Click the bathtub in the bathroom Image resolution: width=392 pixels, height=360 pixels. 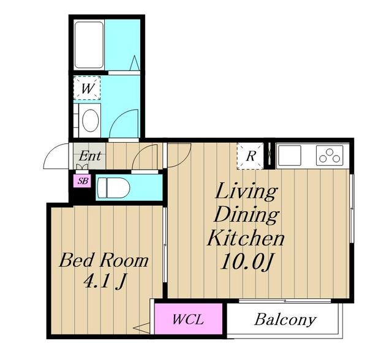tap(89, 45)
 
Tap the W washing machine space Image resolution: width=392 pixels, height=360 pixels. tap(87, 88)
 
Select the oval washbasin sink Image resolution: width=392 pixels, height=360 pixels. tap(90, 121)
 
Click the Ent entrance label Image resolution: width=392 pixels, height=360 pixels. tap(90, 156)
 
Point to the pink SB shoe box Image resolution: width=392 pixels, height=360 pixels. tap(82, 181)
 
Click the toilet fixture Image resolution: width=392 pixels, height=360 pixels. tap(113, 188)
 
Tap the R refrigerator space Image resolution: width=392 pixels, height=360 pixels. tap(251, 156)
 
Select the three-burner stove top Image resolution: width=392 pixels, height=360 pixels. tap(330, 156)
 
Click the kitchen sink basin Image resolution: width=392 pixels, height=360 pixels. tap(290, 156)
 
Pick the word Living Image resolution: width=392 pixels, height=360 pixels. tap(246, 192)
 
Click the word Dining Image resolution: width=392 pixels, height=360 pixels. tap(246, 215)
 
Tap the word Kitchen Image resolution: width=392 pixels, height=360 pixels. tap(246, 239)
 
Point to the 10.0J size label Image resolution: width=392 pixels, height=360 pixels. tap(246, 262)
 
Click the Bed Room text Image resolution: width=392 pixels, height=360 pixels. tap(104, 261)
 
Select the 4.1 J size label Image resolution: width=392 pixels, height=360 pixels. tap(104, 282)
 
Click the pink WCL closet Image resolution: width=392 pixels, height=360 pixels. tap(189, 319)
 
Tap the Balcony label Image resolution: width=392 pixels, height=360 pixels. tap(285, 319)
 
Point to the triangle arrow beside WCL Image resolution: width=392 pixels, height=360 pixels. tap(141, 328)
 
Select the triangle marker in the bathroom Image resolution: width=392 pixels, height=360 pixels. tap(135, 62)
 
